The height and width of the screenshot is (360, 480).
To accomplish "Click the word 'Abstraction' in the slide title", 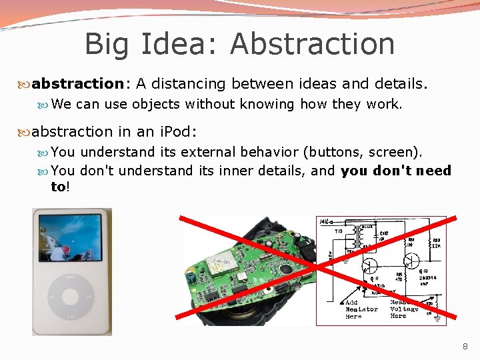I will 312,44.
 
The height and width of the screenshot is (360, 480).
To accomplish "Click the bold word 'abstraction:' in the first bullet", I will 78,83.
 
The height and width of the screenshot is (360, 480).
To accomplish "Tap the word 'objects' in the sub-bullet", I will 156,104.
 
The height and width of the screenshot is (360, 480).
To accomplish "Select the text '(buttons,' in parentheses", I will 333,152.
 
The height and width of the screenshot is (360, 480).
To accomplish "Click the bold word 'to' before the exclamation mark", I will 58,187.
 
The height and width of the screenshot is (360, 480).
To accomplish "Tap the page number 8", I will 465,347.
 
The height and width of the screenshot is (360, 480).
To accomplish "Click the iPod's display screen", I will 71,237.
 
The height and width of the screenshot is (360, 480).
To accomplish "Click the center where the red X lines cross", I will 319,268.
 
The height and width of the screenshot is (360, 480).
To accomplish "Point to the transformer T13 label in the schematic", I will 339,231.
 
